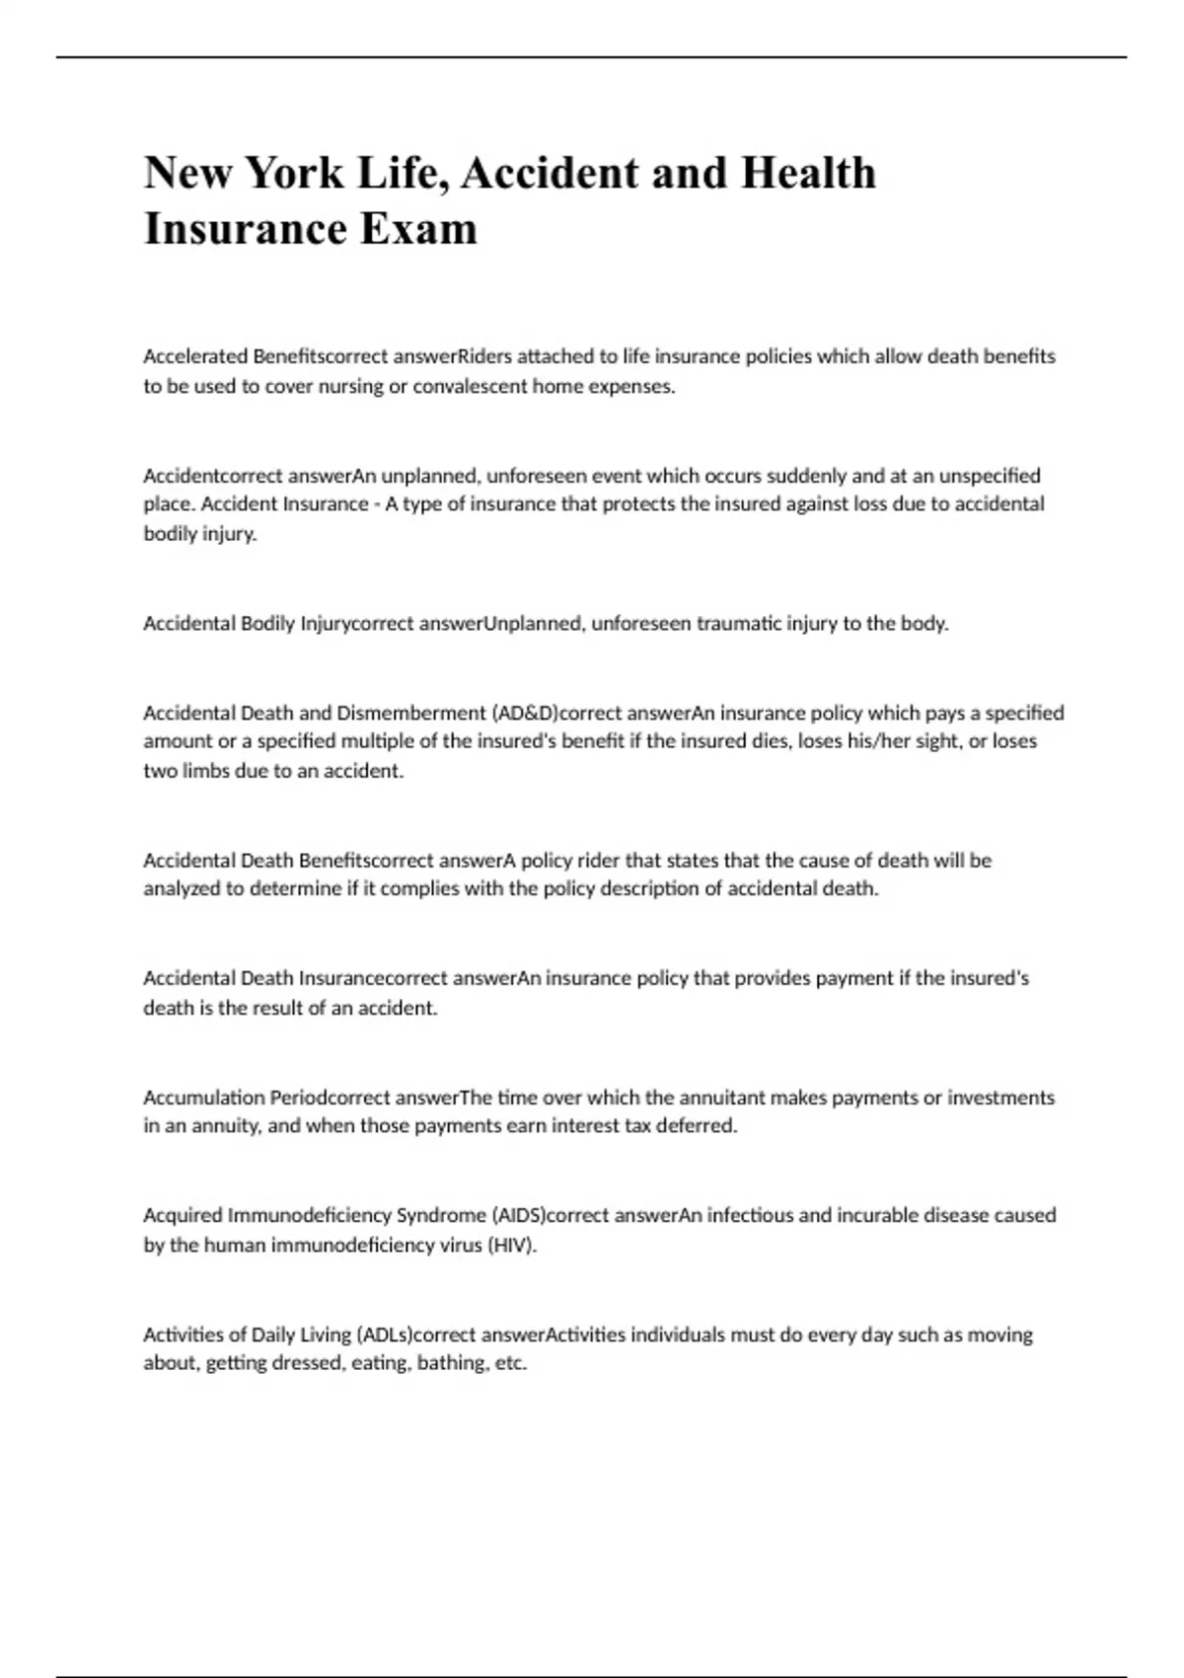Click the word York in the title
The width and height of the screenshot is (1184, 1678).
point(294,173)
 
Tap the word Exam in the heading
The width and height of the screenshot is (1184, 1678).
point(418,229)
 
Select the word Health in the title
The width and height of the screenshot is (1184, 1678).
point(808,173)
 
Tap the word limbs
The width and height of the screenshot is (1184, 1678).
point(204,771)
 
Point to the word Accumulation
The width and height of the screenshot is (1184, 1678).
point(203,1098)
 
